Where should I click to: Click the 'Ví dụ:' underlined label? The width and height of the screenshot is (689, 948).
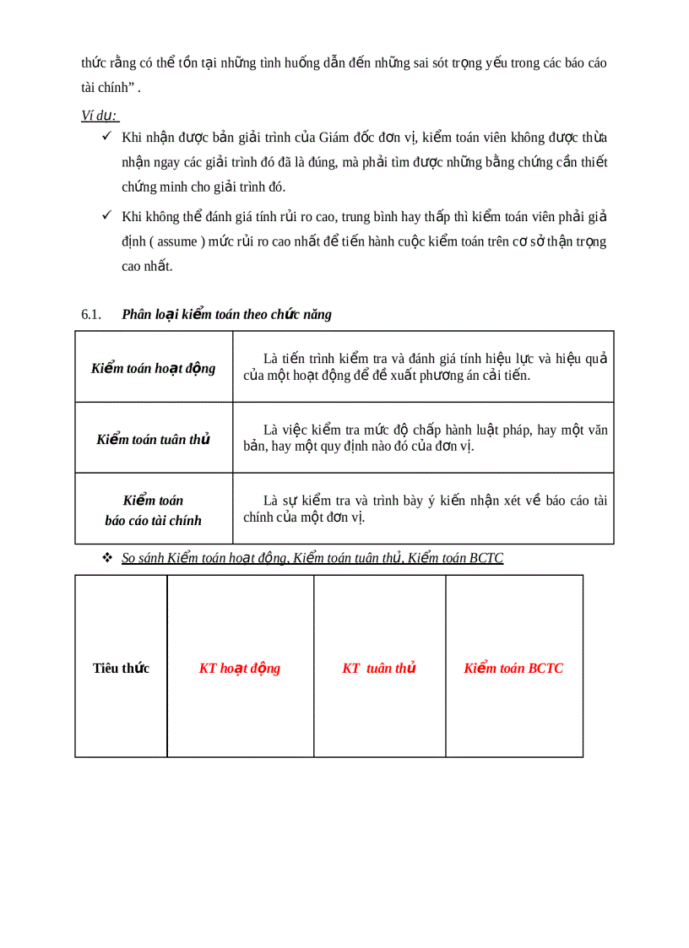point(100,116)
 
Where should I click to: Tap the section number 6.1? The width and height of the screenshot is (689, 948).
point(91,315)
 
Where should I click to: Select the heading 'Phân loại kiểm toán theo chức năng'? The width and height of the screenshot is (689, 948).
point(226,315)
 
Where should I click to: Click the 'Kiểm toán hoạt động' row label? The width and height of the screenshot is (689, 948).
point(154,368)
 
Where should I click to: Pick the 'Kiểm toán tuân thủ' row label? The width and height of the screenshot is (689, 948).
point(154,440)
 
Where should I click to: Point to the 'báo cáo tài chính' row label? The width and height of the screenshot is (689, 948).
point(154,521)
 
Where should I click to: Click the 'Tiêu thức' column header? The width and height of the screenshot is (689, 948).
point(121,669)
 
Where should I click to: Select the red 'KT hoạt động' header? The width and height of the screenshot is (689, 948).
point(240,669)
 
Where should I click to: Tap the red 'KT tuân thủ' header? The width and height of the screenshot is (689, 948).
point(379,669)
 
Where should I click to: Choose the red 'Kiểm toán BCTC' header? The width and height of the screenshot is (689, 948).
point(513,669)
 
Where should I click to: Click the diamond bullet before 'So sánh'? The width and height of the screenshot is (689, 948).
point(107,558)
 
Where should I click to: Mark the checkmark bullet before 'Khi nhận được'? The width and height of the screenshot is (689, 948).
point(107,137)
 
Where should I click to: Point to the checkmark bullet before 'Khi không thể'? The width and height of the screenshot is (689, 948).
point(107,216)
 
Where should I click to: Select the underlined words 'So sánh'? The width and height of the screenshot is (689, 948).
point(143,558)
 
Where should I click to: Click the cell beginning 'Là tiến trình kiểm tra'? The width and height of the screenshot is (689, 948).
point(425,367)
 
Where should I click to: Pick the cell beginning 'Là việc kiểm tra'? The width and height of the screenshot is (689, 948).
point(425,438)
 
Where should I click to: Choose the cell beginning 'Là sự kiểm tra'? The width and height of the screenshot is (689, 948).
point(425,509)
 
